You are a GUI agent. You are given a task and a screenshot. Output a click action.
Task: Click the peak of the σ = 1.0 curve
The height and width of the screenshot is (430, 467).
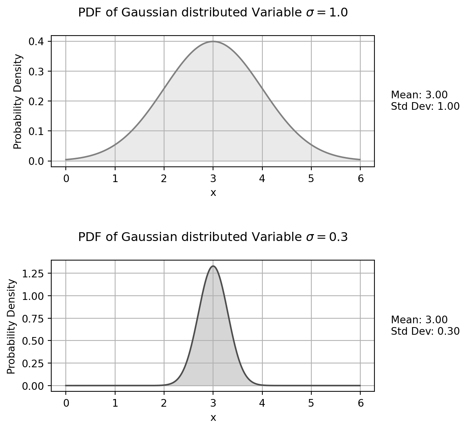point(213,41)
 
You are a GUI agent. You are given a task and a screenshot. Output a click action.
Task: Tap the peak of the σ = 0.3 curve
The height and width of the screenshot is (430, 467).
point(213,266)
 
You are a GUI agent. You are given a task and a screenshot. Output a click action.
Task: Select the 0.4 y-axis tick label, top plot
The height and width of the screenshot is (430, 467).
point(35,41)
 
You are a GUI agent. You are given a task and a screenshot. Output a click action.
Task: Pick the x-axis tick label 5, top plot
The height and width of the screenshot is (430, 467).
point(311,178)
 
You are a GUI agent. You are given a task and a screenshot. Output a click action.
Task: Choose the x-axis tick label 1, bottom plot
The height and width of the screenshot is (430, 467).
point(115,403)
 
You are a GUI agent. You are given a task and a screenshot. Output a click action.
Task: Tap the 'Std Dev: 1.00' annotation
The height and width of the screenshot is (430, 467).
point(425,106)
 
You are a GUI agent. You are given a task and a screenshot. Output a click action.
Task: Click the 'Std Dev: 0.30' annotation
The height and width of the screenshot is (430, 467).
point(425,331)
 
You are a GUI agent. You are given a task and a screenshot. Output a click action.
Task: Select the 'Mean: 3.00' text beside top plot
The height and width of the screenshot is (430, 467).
point(419,95)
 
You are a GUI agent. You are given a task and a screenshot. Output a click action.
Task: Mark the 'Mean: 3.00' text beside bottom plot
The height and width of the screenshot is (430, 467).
point(419,320)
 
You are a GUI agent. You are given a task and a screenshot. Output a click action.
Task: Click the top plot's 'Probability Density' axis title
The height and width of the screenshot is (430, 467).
point(18,102)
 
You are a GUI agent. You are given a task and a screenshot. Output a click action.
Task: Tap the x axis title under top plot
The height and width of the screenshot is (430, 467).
point(213,193)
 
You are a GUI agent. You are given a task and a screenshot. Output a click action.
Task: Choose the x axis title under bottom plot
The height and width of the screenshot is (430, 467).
point(213,417)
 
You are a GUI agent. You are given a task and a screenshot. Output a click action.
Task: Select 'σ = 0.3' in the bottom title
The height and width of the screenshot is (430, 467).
point(327,238)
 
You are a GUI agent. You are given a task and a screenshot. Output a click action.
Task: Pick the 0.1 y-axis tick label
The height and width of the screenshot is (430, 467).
point(35,131)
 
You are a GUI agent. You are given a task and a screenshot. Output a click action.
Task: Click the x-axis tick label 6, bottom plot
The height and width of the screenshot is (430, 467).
point(360,403)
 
